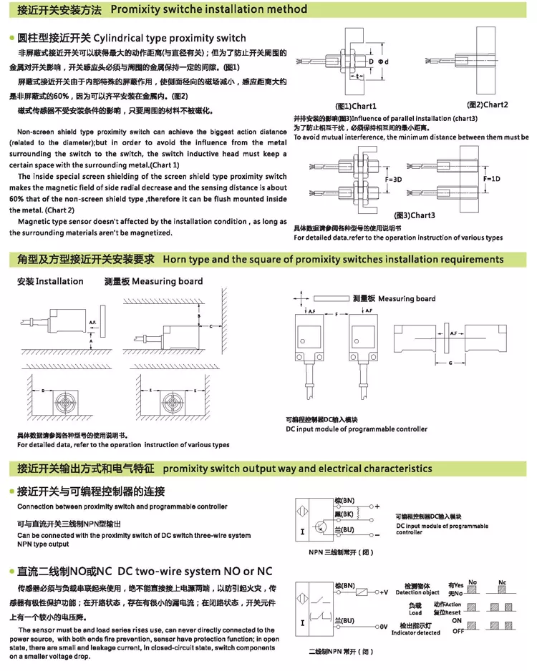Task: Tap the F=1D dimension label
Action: [491, 178]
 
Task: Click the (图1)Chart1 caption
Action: [356, 106]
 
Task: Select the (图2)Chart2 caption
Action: [488, 104]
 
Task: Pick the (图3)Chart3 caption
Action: [415, 215]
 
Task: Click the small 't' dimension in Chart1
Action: [356, 76]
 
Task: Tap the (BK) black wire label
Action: [344, 514]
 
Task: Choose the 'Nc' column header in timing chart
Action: [502, 582]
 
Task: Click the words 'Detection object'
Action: [417, 592]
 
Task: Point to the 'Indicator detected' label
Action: [415, 632]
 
